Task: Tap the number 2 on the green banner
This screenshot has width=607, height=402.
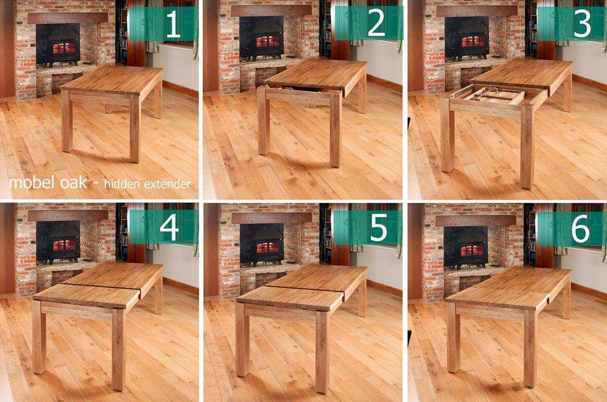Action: (x=376, y=24)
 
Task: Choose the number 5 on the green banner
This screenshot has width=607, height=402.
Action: (x=378, y=227)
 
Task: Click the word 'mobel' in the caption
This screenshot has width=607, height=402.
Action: (x=28, y=183)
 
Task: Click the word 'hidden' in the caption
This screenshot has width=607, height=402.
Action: (x=121, y=184)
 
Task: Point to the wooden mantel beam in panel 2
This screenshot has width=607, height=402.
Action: (x=271, y=10)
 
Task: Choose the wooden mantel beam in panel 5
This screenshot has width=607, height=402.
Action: (x=271, y=217)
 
